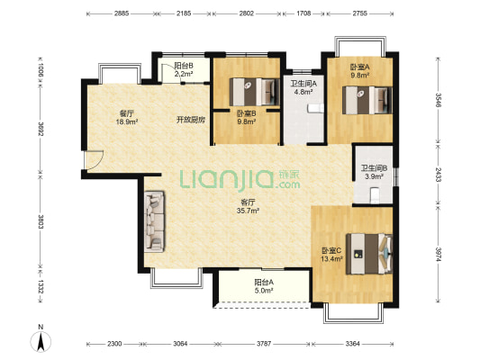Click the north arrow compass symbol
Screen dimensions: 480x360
41,342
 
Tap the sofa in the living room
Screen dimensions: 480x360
154,221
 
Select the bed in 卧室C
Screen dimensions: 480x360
369,254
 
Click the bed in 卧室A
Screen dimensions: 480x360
367,100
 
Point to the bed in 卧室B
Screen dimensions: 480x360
255,92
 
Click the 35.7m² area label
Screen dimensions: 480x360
248,211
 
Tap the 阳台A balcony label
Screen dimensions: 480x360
264,282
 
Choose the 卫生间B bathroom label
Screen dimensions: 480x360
374,168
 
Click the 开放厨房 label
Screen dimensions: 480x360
190,120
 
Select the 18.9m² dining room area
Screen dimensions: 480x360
126,121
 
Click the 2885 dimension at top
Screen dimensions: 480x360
122,13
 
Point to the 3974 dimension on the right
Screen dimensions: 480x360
439,254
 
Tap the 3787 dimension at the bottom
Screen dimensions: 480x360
264,344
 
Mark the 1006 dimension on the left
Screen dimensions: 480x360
41,69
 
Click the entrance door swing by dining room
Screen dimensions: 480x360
94,159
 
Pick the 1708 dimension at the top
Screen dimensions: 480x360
303,13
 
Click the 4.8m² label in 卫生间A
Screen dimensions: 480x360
303,91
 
